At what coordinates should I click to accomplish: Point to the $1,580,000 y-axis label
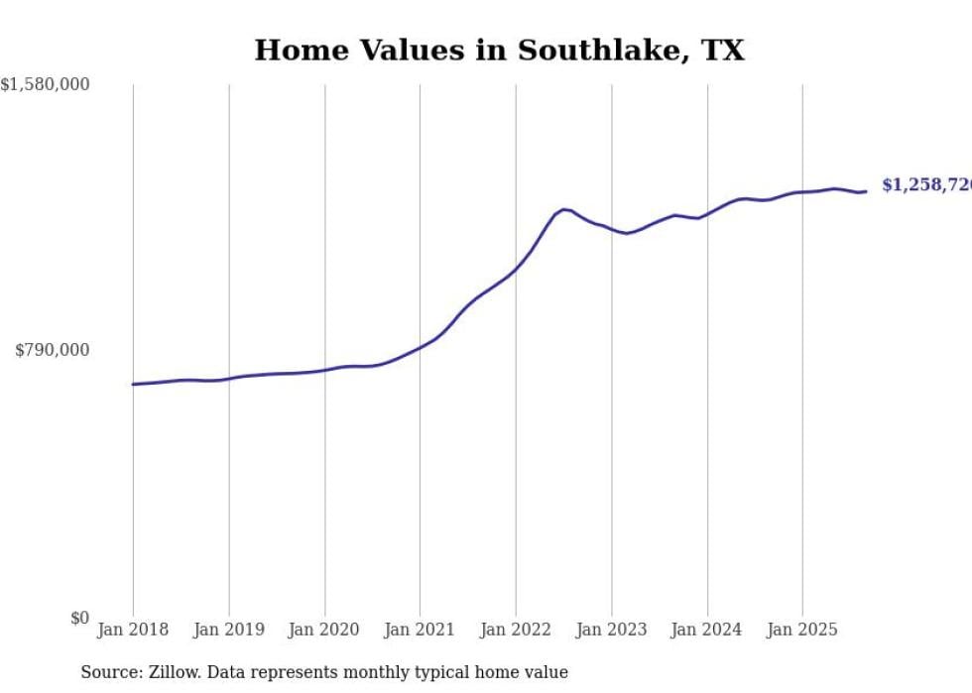pos(46,85)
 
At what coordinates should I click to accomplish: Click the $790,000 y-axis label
pos(52,350)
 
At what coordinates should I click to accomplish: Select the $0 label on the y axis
pos(79,618)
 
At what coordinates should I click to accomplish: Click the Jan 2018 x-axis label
pos(133,630)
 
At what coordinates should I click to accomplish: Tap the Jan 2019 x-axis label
pos(229,630)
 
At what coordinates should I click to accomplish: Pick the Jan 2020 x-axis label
pos(324,630)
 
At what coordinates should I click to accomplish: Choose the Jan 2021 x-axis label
pos(420,630)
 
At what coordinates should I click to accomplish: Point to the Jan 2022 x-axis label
pos(516,630)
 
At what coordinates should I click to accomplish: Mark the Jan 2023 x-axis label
pos(611,630)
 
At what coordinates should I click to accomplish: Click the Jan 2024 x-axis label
pos(707,630)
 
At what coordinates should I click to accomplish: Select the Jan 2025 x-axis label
pos(802,630)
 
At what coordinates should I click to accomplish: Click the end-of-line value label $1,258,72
pos(925,185)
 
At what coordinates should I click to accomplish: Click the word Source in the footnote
pos(110,672)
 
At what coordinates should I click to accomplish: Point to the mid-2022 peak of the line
pos(563,209)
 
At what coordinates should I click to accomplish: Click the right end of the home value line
pos(866,191)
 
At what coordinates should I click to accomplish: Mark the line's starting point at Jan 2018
pos(133,384)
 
